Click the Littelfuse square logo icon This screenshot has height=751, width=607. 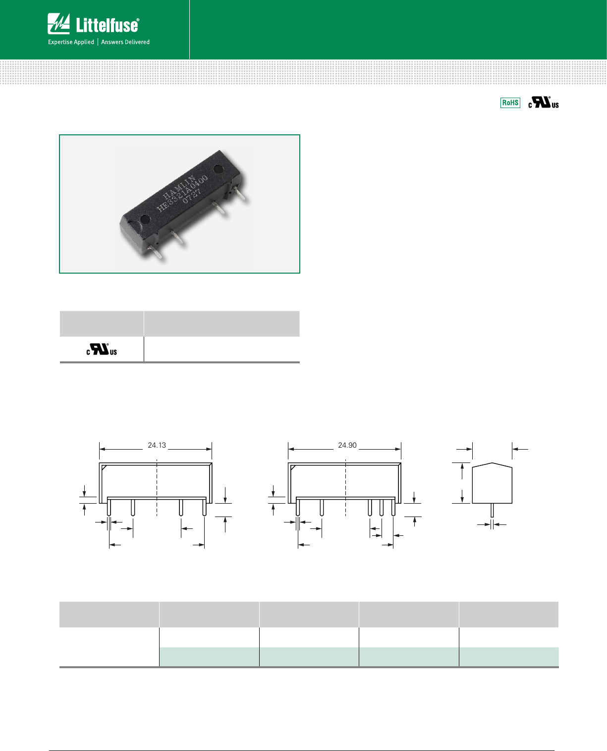58,24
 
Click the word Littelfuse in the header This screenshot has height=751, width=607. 107,25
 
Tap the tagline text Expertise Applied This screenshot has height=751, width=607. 71,42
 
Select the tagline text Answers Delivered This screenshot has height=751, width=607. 125,42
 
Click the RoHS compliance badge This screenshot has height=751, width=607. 510,103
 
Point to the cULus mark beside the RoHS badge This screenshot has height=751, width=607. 543,103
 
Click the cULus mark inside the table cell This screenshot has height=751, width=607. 102,349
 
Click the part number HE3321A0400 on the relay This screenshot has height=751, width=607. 182,193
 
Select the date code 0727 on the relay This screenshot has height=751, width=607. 192,195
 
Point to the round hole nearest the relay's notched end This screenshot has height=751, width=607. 145,219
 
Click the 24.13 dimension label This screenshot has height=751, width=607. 157,445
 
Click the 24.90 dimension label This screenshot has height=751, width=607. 347,445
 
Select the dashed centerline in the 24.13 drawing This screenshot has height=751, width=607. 157,488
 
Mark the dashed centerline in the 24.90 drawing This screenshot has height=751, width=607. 345,488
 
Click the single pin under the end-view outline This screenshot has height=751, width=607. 492,510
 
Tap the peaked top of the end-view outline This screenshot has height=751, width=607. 492,464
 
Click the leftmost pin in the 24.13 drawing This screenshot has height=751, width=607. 109,508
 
